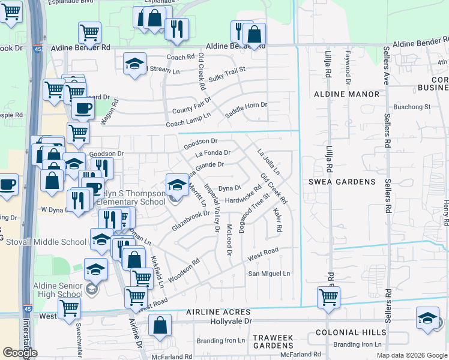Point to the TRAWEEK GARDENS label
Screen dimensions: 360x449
pos(273,341)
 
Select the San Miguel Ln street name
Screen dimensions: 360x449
pos(270,274)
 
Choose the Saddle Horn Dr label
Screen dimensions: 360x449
pos(246,110)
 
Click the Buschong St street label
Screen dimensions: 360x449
pos(415,107)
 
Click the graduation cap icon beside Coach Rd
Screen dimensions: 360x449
pos(135,63)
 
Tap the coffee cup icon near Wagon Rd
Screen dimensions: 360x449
pos(83,109)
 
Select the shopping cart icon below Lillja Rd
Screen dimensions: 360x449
pos(328,297)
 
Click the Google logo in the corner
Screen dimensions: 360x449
pos(20,352)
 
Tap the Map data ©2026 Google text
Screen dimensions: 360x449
pos(412,355)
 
